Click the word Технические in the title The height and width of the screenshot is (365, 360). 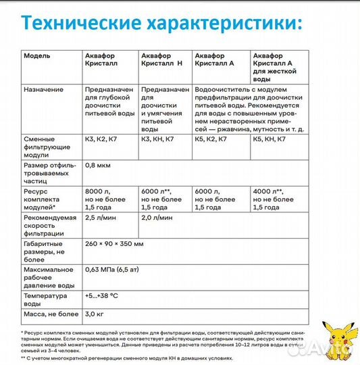(75, 23)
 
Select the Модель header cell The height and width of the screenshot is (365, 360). (36, 55)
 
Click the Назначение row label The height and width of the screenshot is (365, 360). (43, 89)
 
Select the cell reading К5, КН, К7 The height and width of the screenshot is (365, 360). (273, 139)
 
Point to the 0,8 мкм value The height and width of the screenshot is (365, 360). (98, 165)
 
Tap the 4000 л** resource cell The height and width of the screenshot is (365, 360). (273, 199)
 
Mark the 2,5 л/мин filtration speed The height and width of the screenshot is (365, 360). (101, 220)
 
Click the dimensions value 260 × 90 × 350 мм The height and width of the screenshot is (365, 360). (117, 243)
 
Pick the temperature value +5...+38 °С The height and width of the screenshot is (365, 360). (104, 296)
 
